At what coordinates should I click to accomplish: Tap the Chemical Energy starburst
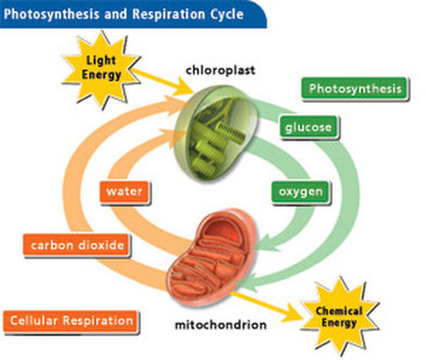tap(340, 317)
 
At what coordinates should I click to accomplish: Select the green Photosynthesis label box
tap(354, 88)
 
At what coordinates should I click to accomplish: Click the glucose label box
tap(308, 127)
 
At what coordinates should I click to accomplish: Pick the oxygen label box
tap(301, 192)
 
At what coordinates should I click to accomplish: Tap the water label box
tap(124, 191)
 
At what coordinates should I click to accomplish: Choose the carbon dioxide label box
tap(77, 246)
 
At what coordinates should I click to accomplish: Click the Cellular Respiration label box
tap(71, 321)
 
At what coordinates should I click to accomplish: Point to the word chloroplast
tap(221, 70)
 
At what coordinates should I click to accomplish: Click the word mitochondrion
tap(221, 325)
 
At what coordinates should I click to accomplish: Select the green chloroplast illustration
tap(216, 132)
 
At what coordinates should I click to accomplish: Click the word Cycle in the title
tap(228, 14)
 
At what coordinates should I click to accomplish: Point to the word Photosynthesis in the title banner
tap(52, 14)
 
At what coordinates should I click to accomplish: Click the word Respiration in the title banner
tap(169, 14)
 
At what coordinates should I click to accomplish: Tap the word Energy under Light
tap(102, 75)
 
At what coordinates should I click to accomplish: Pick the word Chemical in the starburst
tap(339, 312)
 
